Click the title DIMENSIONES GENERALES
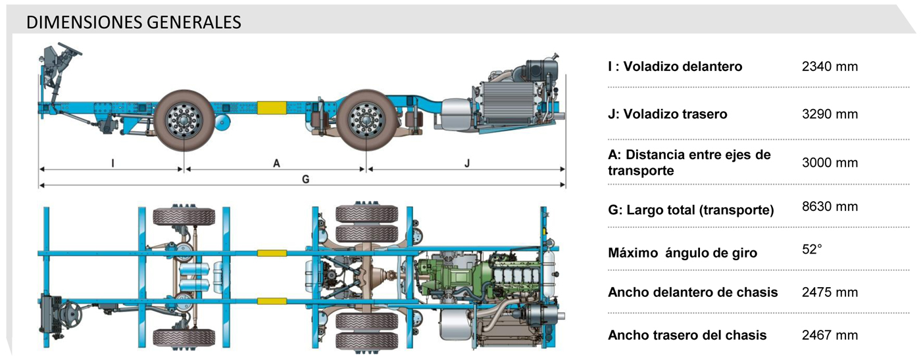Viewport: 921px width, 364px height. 134,22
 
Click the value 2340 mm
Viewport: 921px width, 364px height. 830,66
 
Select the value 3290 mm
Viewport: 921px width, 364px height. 830,114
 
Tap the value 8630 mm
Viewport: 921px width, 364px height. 830,206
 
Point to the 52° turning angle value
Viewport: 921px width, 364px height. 812,250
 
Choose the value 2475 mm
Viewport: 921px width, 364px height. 830,292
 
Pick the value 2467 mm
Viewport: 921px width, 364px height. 830,335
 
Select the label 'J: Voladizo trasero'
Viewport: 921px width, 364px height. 668,114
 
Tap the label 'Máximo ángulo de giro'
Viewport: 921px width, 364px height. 683,252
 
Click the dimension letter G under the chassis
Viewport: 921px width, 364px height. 305,179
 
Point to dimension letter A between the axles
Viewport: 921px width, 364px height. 276,163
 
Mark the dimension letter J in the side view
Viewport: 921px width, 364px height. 467,163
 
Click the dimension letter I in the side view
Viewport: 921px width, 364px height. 112,163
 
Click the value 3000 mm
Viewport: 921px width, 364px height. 830,162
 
